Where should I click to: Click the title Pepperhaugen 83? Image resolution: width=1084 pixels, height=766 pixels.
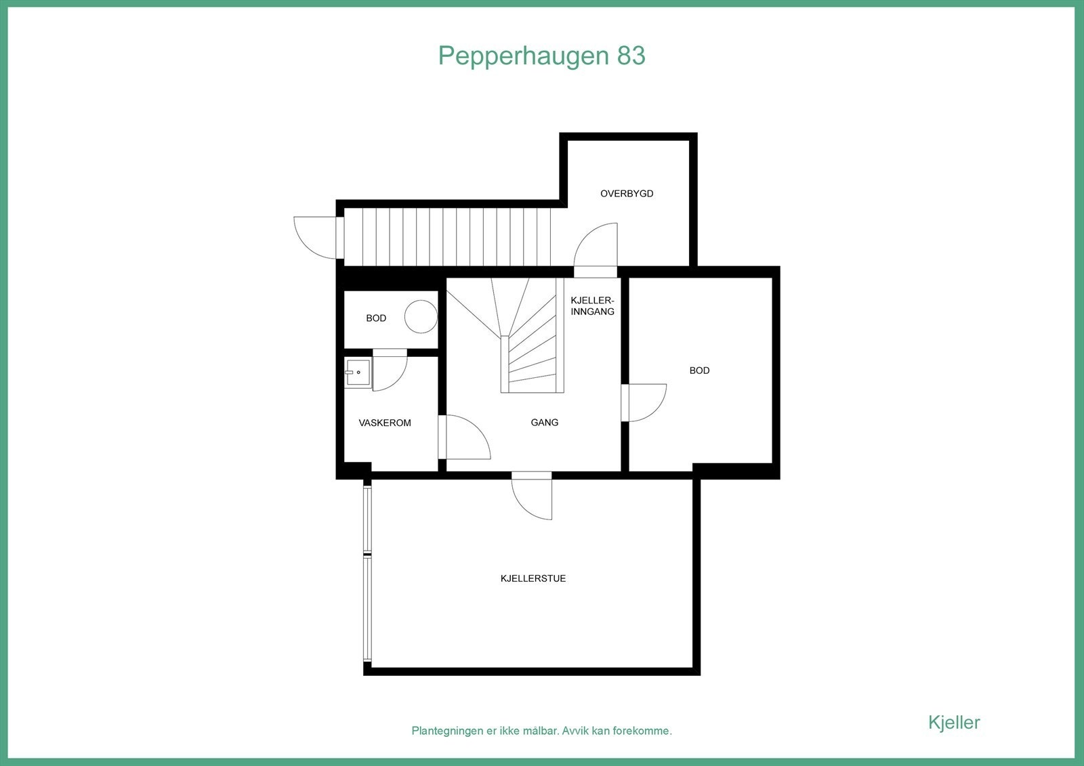pyautogui.click(x=541, y=56)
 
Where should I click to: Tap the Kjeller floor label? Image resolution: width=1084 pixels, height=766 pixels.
pyautogui.click(x=953, y=722)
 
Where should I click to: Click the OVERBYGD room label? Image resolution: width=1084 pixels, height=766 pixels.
pyautogui.click(x=627, y=194)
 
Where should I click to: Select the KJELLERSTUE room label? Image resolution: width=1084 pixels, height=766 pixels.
pyautogui.click(x=533, y=578)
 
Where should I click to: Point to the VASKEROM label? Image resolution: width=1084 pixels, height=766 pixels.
pyautogui.click(x=385, y=423)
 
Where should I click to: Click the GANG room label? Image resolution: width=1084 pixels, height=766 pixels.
pyautogui.click(x=545, y=423)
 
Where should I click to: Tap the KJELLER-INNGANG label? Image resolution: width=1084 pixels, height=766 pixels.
pyautogui.click(x=592, y=306)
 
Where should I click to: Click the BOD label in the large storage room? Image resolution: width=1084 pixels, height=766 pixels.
pyautogui.click(x=699, y=370)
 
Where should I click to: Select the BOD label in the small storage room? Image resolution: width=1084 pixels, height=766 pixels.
pyautogui.click(x=376, y=318)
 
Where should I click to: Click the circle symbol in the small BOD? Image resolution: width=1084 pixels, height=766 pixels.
pyautogui.click(x=421, y=317)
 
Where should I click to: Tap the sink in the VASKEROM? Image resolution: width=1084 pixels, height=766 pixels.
pyautogui.click(x=357, y=372)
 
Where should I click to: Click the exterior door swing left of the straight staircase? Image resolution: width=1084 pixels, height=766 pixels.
pyautogui.click(x=313, y=236)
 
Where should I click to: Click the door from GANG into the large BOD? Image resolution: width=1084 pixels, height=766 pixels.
pyautogui.click(x=644, y=402)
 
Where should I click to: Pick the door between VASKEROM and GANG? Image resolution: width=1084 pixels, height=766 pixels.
pyautogui.click(x=464, y=438)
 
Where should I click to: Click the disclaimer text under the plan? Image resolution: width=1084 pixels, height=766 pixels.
pyautogui.click(x=541, y=731)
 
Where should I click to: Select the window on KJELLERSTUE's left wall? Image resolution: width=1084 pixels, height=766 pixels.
pyautogui.click(x=368, y=572)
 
